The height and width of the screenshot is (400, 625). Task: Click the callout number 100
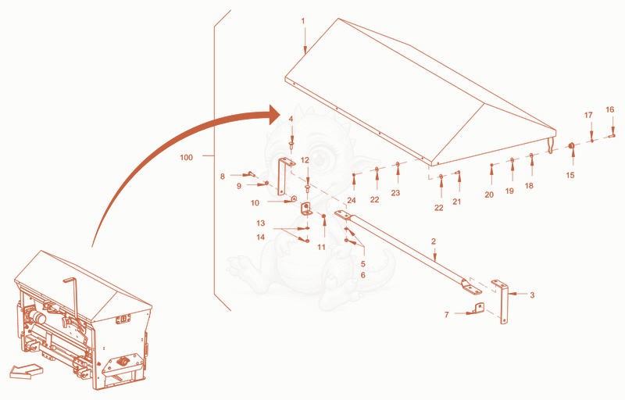186,157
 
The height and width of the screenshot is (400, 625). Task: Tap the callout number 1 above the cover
303,21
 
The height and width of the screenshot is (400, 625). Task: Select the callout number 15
570,175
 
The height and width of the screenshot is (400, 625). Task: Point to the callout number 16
610,109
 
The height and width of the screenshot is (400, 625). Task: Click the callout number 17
588,115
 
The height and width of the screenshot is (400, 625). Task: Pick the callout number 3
532,295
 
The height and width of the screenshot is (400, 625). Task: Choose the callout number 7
446,315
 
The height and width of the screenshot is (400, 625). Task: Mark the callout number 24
351,200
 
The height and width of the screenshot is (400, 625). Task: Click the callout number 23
395,193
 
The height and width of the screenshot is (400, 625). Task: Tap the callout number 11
321,247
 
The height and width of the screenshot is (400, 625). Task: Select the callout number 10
255,203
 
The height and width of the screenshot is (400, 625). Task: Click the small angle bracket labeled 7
479,308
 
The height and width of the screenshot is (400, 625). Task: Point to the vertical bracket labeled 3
504,304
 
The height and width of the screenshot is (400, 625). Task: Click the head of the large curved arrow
276,115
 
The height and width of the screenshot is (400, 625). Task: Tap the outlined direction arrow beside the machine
27,371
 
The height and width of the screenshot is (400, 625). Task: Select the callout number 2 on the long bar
434,241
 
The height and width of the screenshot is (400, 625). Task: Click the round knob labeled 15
571,146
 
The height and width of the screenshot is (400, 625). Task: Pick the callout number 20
489,195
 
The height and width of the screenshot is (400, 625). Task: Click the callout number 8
223,176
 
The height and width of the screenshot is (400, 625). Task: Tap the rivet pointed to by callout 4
291,144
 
